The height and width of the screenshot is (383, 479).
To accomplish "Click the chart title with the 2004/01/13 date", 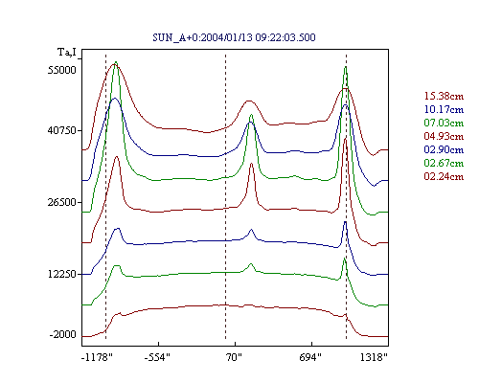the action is pyautogui.click(x=234, y=37).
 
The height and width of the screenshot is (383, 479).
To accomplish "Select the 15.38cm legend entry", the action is pyautogui.click(x=444, y=96).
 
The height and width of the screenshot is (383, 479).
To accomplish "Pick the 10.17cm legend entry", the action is pyautogui.click(x=444, y=109).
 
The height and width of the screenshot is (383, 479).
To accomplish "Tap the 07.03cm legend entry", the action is pyautogui.click(x=444, y=123).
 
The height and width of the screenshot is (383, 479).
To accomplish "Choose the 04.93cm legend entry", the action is pyautogui.click(x=444, y=136).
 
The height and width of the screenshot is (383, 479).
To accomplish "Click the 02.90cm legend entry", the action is pyautogui.click(x=444, y=149).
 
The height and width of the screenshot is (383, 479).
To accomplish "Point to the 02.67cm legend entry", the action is pyautogui.click(x=444, y=163).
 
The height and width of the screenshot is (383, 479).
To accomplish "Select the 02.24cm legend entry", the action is pyautogui.click(x=444, y=176).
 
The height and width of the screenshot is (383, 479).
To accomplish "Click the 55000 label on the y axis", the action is pyautogui.click(x=62, y=70).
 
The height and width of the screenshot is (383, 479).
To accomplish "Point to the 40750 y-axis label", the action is pyautogui.click(x=62, y=130).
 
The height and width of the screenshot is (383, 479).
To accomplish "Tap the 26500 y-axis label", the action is pyautogui.click(x=62, y=202).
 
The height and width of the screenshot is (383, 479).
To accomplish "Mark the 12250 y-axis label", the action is pyautogui.click(x=62, y=274).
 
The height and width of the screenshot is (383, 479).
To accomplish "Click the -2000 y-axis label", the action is pyautogui.click(x=63, y=335).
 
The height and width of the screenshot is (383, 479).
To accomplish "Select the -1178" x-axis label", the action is pyautogui.click(x=97, y=357).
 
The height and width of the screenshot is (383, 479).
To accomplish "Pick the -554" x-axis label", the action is pyautogui.click(x=157, y=357).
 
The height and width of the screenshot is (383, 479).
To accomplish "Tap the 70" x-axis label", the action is pyautogui.click(x=233, y=357).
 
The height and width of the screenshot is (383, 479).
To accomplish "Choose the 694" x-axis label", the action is pyautogui.click(x=310, y=357).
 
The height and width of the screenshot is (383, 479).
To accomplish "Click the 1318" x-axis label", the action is pyautogui.click(x=374, y=357).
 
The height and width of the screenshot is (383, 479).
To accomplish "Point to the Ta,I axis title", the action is pyautogui.click(x=67, y=52).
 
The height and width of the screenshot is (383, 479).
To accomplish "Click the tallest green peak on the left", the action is pyautogui.click(x=116, y=62).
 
